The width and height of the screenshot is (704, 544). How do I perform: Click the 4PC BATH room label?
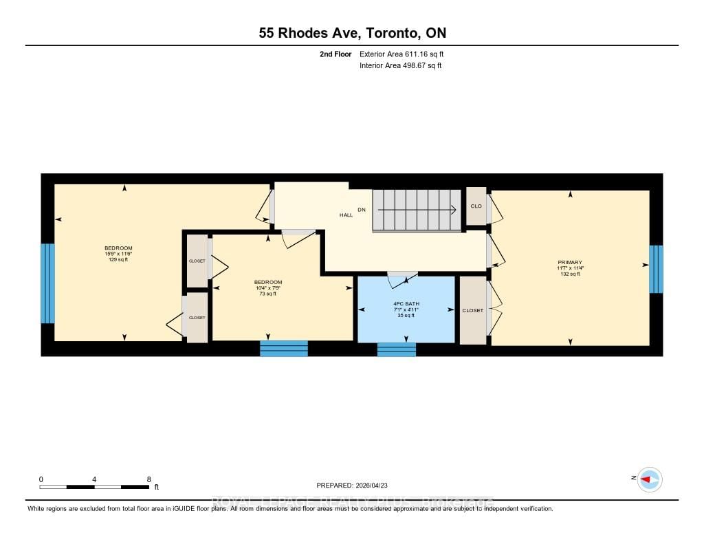click(x=406, y=303)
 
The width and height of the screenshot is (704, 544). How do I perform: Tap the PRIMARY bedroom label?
click(x=570, y=262)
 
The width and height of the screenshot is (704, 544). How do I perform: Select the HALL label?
click(x=346, y=215)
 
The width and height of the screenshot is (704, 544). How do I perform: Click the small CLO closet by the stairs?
click(x=476, y=206)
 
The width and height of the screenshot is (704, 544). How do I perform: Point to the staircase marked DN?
click(x=417, y=210)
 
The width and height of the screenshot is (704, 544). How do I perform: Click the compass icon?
click(x=649, y=479)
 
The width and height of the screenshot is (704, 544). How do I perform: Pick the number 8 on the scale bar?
click(x=148, y=479)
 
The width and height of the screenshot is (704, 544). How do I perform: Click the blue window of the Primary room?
click(x=657, y=268)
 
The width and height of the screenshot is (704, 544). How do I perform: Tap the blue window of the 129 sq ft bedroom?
click(x=47, y=283)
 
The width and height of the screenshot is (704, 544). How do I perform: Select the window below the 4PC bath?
click(x=397, y=349)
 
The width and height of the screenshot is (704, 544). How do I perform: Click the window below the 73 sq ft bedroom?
click(x=283, y=348)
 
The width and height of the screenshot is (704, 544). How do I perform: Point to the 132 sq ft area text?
click(x=570, y=274)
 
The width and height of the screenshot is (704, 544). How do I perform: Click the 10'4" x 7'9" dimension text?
click(x=267, y=288)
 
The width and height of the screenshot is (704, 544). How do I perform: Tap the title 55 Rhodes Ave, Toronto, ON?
click(x=352, y=33)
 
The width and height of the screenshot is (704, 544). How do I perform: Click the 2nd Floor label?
click(x=336, y=54)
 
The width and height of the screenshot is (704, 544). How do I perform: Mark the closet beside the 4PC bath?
click(x=473, y=310)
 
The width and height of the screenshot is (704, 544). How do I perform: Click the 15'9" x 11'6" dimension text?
click(x=118, y=254)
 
